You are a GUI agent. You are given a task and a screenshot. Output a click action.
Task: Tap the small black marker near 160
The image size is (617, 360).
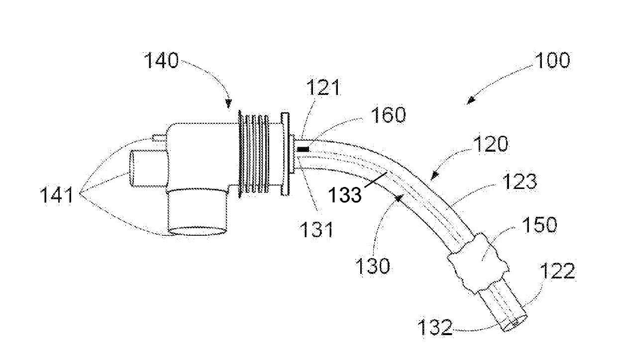coord(303,149)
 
